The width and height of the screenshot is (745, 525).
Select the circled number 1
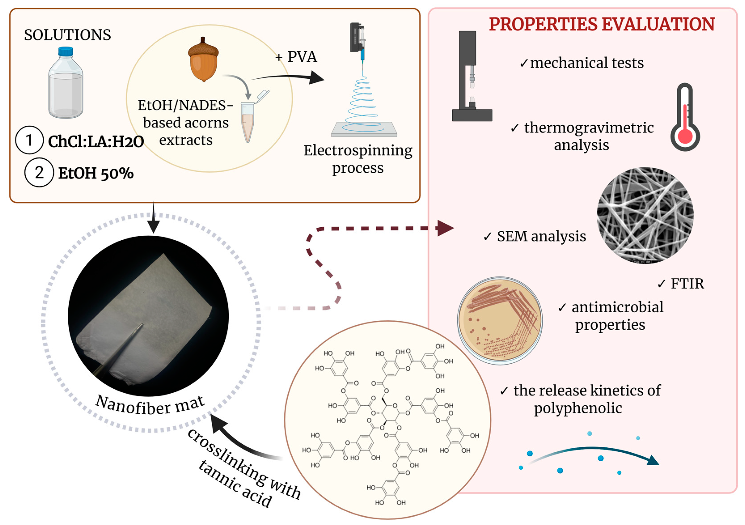pos(29,140)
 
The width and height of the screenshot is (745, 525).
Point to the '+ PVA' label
pos(296,57)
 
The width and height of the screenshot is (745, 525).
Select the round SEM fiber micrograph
pos(645,215)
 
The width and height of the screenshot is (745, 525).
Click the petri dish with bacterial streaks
pos(500,320)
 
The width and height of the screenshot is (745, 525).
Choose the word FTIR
pos(687,284)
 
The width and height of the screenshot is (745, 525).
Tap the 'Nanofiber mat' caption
pos(150,406)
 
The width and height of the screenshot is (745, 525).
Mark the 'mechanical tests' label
pos(587,63)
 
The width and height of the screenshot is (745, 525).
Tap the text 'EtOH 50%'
pos(96,173)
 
